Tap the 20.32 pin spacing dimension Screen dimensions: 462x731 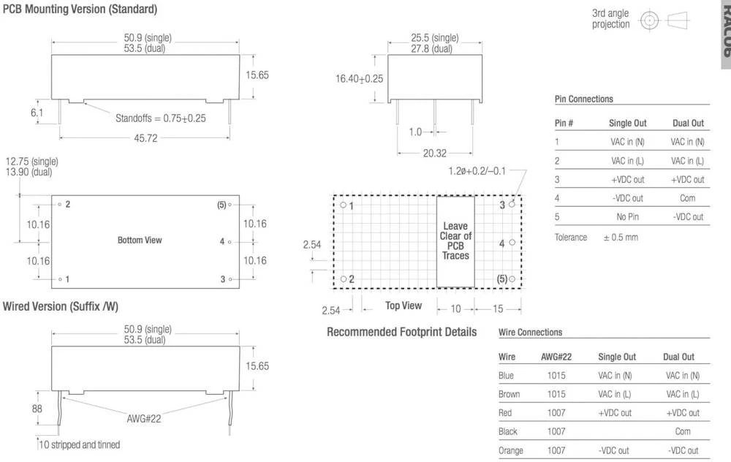(434, 154)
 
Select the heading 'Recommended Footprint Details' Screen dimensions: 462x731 (401, 332)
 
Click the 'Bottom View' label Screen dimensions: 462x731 (140, 240)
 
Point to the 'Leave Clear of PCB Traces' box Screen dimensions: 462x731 (455, 241)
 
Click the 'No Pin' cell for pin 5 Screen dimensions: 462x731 (627, 217)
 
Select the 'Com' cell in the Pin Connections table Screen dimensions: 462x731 (687, 198)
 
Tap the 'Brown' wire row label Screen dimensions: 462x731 (509, 394)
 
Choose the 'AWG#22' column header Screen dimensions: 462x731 (556, 357)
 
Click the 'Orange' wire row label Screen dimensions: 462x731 (510, 450)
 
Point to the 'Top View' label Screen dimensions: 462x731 (404, 306)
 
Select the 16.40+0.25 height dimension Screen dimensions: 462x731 (359, 78)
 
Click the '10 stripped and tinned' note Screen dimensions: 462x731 (80, 444)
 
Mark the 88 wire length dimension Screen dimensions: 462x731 (37, 410)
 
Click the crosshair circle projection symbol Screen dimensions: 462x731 (648, 20)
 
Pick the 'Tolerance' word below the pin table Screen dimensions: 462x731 (571, 237)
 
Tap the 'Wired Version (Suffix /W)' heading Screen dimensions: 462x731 (60, 307)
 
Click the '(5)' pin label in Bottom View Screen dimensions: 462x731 (221, 205)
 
